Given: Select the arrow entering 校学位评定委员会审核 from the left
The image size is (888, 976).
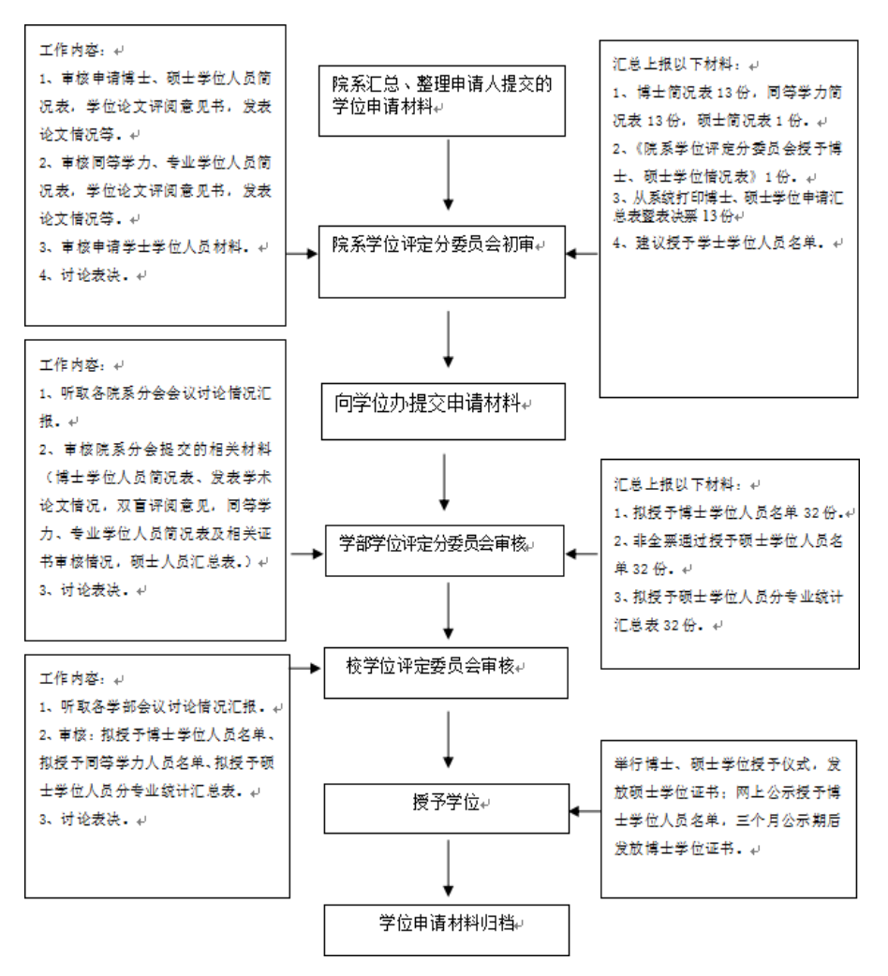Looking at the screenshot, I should tap(304, 670).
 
